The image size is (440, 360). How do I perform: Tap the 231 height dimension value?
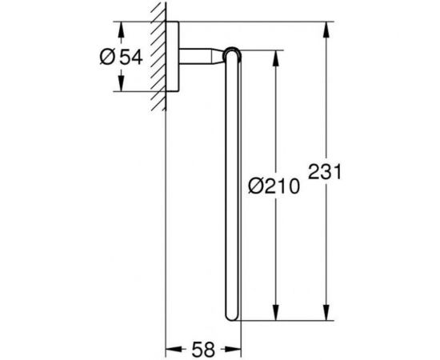point(326,171)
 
